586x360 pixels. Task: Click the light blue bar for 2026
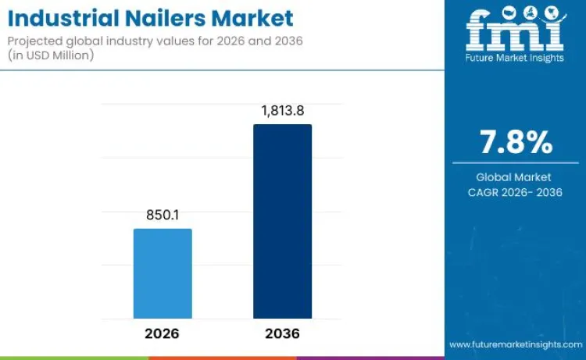(163, 273)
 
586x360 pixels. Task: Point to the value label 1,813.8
(282, 110)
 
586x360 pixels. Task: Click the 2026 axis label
(162, 333)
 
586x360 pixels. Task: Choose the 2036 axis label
(282, 333)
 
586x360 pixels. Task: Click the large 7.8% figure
(515, 142)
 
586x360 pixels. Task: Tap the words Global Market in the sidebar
(514, 177)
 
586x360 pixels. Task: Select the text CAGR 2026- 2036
(515, 192)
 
